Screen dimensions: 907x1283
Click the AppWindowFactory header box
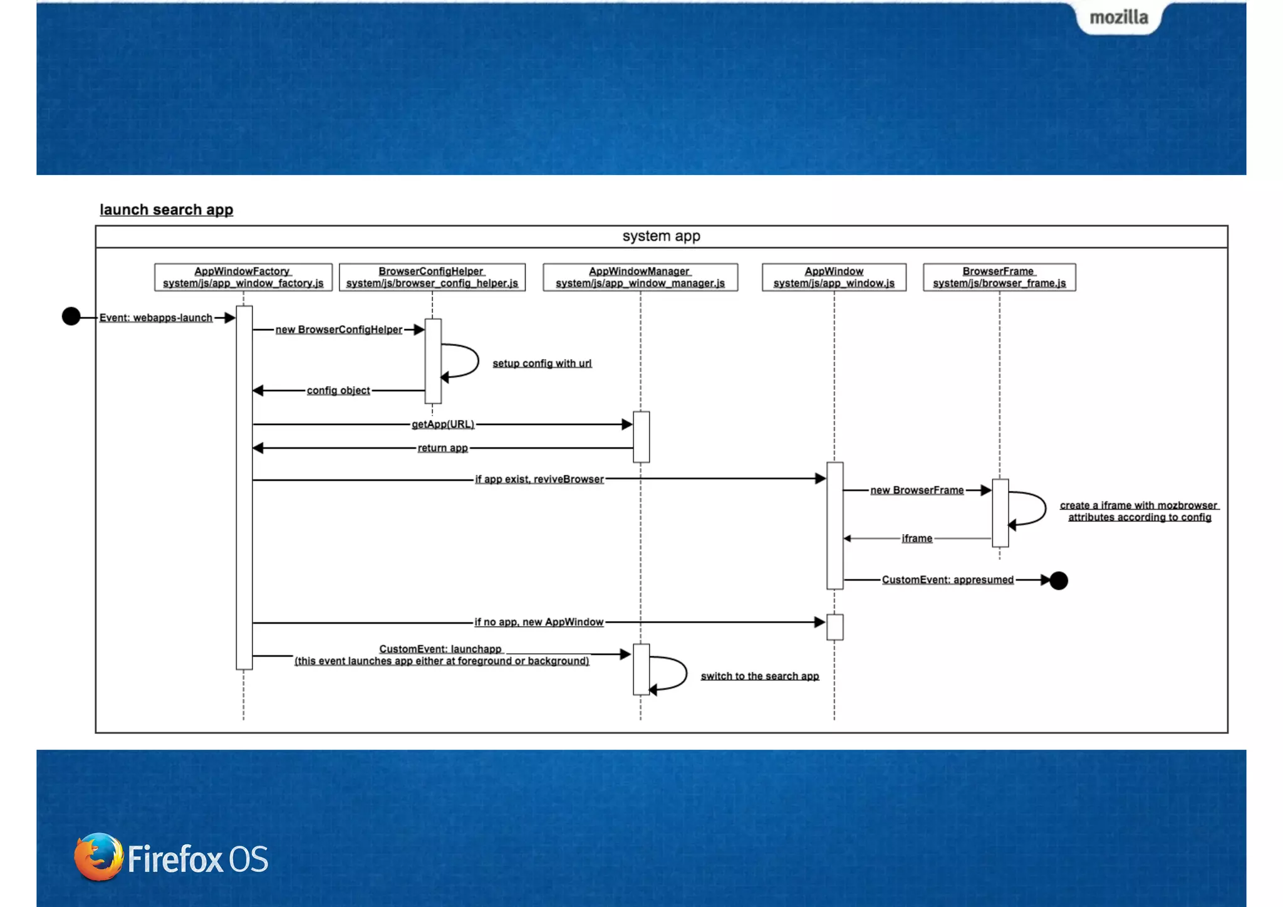pyautogui.click(x=243, y=277)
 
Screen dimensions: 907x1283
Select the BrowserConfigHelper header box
pyautogui.click(x=432, y=277)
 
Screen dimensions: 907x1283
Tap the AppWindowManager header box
pyautogui.click(x=640, y=277)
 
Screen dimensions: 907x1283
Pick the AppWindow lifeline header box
pyautogui.click(x=834, y=277)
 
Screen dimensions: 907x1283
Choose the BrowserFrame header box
pyautogui.click(x=999, y=277)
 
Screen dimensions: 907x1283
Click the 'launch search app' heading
pyautogui.click(x=166, y=209)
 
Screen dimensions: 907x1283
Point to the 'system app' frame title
pyautogui.click(x=661, y=236)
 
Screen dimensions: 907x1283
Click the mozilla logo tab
pyautogui.click(x=1118, y=18)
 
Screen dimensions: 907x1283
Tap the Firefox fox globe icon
pyautogui.click(x=98, y=857)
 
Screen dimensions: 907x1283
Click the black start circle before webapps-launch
pyautogui.click(x=71, y=317)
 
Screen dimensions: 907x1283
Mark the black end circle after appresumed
pyautogui.click(x=1059, y=581)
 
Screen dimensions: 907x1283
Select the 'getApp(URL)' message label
pyautogui.click(x=443, y=424)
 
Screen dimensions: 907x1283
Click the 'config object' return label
pyautogui.click(x=338, y=391)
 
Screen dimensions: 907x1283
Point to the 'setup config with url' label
pyautogui.click(x=542, y=364)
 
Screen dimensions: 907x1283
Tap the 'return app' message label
pyautogui.click(x=443, y=448)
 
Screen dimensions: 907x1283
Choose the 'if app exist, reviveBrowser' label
pyautogui.click(x=539, y=480)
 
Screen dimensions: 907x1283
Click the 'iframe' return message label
pyautogui.click(x=917, y=538)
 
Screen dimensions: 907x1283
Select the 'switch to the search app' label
pyautogui.click(x=760, y=676)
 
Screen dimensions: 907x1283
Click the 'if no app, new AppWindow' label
pyautogui.click(x=539, y=622)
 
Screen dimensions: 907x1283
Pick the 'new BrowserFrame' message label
pyautogui.click(x=917, y=490)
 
